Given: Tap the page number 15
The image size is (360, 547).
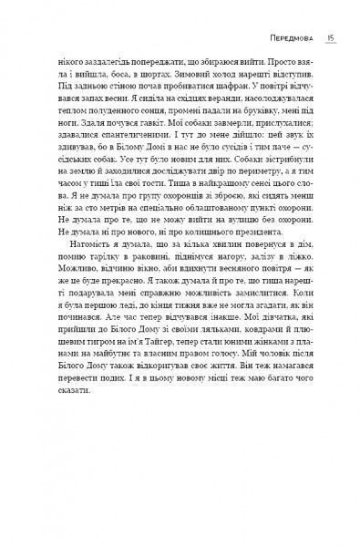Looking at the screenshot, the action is click(332, 39).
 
